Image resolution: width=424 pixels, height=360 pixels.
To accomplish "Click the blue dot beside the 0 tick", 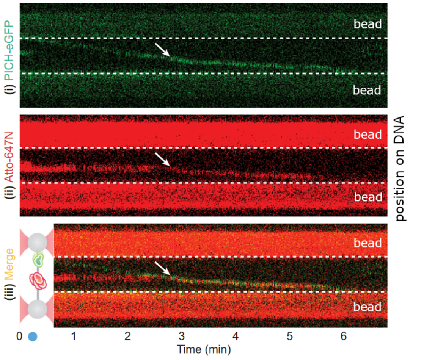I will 33,336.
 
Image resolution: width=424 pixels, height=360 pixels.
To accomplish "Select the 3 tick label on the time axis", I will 182,336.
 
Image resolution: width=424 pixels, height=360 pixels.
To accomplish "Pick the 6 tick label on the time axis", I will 344,336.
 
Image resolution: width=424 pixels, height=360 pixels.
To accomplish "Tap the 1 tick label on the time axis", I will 74,336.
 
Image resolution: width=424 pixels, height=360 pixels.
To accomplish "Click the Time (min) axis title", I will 204,348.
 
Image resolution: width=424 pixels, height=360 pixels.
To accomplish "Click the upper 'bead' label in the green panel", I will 367,24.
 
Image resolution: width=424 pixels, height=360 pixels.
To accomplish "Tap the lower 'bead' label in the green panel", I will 367,90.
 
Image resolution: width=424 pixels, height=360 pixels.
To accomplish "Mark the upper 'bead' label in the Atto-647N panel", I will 367,135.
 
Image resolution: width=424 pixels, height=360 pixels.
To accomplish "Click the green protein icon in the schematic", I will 38,260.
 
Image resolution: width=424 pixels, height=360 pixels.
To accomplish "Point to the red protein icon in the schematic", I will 38,280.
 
